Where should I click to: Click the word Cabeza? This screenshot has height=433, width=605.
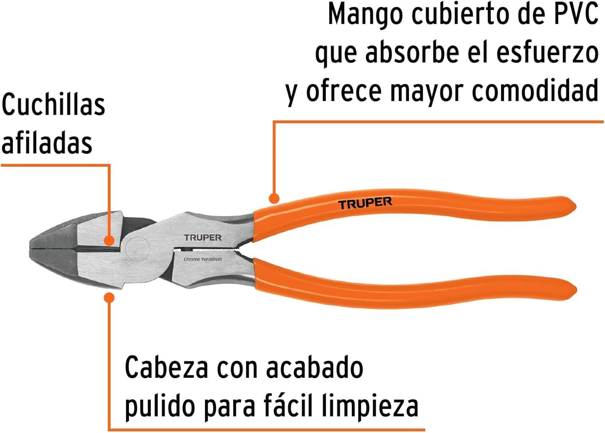[x=166, y=368]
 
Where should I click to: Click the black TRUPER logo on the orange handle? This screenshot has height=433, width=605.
[x=365, y=203]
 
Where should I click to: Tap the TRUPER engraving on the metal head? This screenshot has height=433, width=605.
[x=202, y=238]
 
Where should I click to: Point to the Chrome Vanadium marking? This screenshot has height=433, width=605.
[x=202, y=259]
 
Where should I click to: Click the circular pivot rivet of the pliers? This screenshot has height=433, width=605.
[x=138, y=249]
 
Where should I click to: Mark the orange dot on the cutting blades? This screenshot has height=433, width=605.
[x=109, y=240]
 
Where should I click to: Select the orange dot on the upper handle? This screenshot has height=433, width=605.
[x=274, y=198]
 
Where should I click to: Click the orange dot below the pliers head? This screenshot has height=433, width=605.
[x=109, y=297]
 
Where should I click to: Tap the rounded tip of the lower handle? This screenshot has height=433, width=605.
[x=575, y=290]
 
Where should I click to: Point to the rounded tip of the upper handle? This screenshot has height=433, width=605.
[x=574, y=207]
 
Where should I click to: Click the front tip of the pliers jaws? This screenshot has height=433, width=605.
[x=30, y=248]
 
